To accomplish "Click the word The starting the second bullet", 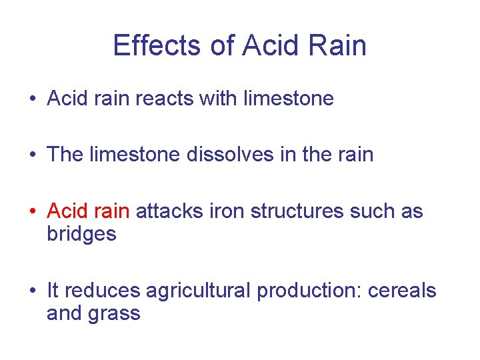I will (x=65, y=155).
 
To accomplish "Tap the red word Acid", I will (x=67, y=211).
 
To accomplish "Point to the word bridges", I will (x=81, y=235).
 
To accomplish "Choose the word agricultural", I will (x=198, y=291).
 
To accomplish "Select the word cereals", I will (x=403, y=291).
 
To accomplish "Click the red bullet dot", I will (x=32, y=212).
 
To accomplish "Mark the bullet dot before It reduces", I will (x=32, y=291).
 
